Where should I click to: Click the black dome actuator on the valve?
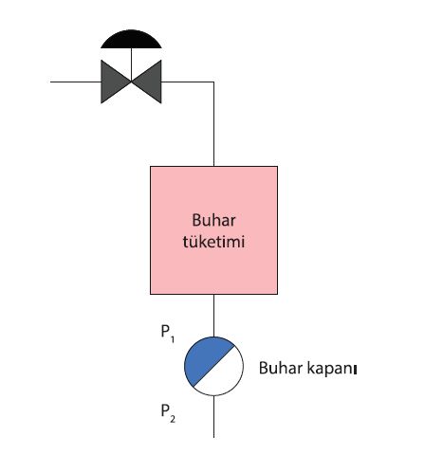(131, 40)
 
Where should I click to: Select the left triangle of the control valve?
(112, 82)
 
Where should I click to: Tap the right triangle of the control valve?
(150, 82)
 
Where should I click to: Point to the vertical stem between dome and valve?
(131, 64)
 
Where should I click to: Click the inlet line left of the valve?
(76, 82)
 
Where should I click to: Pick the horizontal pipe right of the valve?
(188, 82)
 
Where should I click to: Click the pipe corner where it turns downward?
(213, 82)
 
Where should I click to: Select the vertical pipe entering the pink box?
(213, 124)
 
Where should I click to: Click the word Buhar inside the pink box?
(213, 220)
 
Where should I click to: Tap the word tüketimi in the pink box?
(213, 242)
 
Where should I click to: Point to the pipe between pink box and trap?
(213, 316)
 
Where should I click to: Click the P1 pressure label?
(168, 334)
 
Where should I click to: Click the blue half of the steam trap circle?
(204, 357)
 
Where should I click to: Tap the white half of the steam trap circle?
(223, 375)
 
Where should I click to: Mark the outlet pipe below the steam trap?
(213, 416)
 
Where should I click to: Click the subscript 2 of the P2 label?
(173, 419)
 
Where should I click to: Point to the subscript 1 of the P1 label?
(173, 339)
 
